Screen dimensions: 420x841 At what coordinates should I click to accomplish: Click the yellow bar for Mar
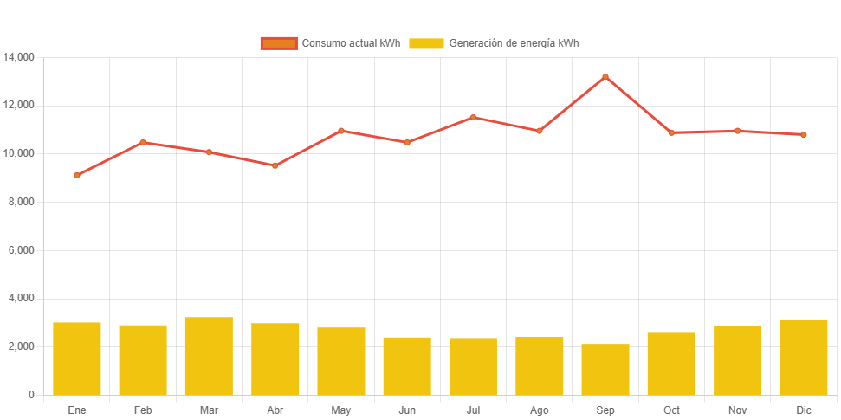click(x=209, y=356)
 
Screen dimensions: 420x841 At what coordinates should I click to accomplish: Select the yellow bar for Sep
click(x=605, y=369)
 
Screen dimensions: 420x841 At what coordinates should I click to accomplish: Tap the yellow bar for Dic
click(x=804, y=357)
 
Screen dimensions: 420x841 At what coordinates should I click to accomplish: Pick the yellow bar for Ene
click(x=77, y=359)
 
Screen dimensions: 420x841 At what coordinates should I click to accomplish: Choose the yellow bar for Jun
click(x=407, y=365)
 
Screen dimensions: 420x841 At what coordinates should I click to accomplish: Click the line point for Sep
click(x=605, y=77)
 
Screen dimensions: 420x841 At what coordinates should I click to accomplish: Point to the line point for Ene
click(x=77, y=175)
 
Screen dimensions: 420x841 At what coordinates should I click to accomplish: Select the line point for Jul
click(x=473, y=117)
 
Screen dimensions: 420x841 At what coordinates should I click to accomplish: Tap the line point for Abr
click(x=275, y=165)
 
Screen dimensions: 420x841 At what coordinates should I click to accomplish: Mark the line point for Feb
click(x=143, y=142)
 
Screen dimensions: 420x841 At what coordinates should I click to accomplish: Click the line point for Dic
click(x=804, y=135)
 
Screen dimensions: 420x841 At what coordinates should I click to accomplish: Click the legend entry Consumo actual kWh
click(x=330, y=43)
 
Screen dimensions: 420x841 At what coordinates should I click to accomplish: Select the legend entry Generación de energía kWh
click(x=494, y=43)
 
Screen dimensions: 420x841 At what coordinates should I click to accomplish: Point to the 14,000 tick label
click(x=19, y=57)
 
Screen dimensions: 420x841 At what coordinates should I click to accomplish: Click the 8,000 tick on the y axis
click(x=21, y=202)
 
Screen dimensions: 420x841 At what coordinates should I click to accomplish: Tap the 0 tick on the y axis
click(x=31, y=395)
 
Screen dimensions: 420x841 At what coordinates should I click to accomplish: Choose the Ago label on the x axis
click(x=539, y=410)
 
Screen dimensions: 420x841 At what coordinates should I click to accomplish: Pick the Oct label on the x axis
click(x=671, y=410)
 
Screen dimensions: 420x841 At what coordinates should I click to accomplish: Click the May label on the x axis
click(x=341, y=410)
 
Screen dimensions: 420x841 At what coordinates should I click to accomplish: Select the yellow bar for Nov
click(x=738, y=360)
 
